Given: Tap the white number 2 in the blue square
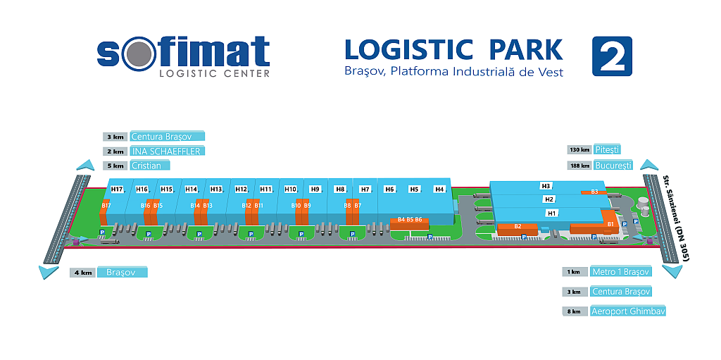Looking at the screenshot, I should click(x=611, y=56).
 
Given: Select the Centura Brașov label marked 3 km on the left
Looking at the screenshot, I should click(x=167, y=137).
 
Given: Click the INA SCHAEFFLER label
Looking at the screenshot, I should click(x=167, y=151).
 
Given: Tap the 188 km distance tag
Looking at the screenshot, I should click(x=580, y=166).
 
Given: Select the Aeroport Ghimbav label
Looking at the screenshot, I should click(x=628, y=311).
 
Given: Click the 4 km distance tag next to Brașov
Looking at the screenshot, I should click(x=82, y=273).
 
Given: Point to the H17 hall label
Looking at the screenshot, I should click(x=117, y=189).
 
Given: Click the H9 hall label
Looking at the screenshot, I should click(x=315, y=189).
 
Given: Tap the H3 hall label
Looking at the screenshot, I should click(x=546, y=186).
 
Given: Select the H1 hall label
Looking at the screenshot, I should click(x=552, y=213).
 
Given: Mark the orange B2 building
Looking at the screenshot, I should click(x=518, y=227).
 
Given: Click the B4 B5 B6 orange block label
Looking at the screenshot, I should click(x=409, y=220).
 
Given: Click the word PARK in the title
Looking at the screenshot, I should click(x=522, y=49).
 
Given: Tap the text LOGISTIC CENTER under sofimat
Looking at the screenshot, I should click(x=215, y=73).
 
